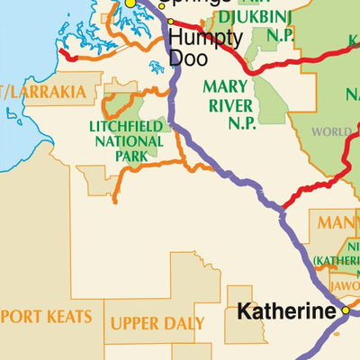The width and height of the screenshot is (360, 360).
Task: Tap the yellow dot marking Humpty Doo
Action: click(x=171, y=21)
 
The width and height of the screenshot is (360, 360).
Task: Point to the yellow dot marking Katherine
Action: click(x=345, y=311)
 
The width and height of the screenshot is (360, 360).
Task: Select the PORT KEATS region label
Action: click(x=40, y=318)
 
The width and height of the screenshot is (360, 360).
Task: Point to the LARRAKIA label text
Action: click(x=50, y=92)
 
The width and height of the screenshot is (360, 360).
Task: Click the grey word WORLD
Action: click(x=331, y=131)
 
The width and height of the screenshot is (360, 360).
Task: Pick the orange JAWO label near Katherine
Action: click(x=342, y=285)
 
